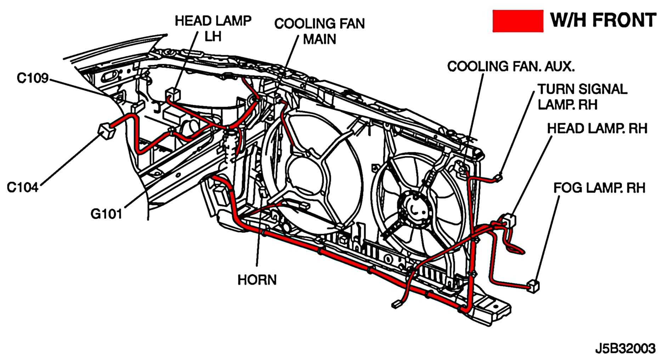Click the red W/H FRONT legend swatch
click(518, 21)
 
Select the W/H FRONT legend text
click(603, 20)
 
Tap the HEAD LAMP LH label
click(213, 28)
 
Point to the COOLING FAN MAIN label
click(320, 31)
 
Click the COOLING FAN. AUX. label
click(511, 66)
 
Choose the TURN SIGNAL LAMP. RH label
click(582, 97)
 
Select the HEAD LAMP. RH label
click(597, 128)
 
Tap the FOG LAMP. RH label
click(599, 188)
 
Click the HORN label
click(257, 280)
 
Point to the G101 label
click(106, 213)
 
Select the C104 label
click(23, 187)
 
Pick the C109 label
click(33, 78)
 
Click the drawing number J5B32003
click(625, 348)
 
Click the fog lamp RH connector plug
click(533, 286)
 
